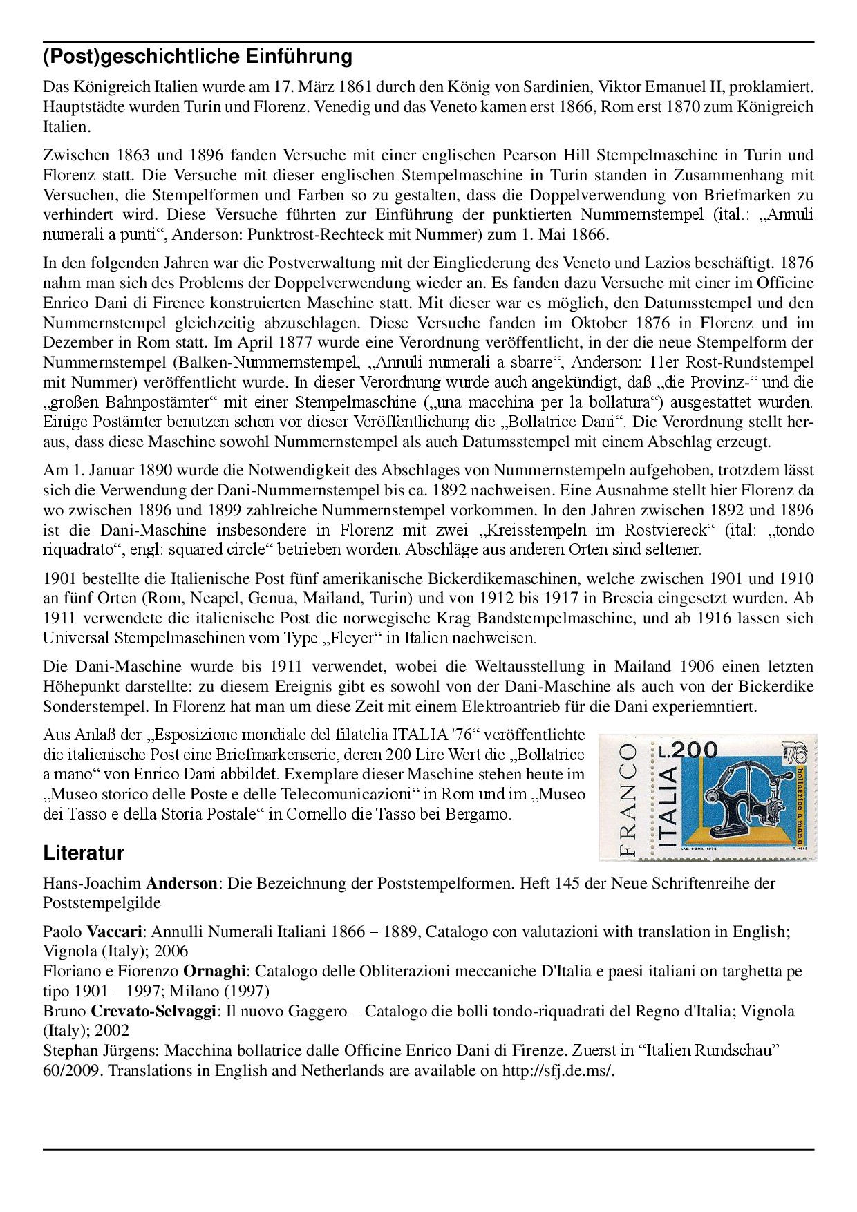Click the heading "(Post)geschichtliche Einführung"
point(198,57)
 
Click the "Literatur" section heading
point(84,853)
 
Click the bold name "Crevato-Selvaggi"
point(154,1012)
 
